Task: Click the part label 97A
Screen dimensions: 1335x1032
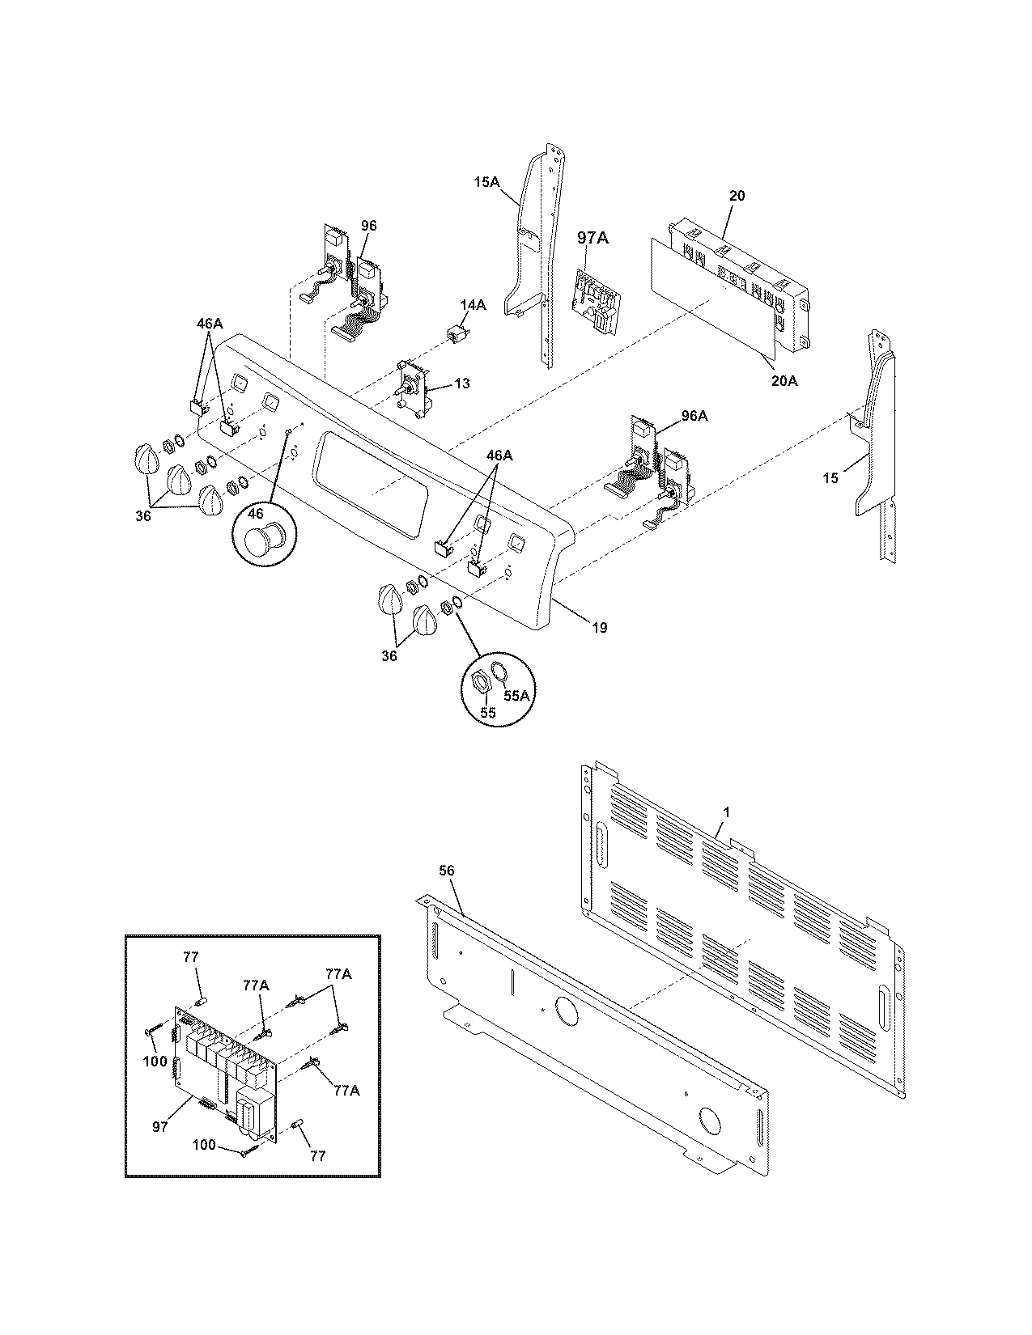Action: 592,238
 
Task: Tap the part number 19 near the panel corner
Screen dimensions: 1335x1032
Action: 599,627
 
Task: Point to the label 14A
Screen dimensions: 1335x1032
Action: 473,305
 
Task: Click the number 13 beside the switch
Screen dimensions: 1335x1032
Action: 461,384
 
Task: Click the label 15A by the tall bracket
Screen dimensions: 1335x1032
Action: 486,183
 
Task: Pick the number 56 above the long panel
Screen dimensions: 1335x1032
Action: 447,871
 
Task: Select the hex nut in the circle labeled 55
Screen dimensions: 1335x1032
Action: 479,684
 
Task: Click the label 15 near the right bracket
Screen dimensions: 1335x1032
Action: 830,478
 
